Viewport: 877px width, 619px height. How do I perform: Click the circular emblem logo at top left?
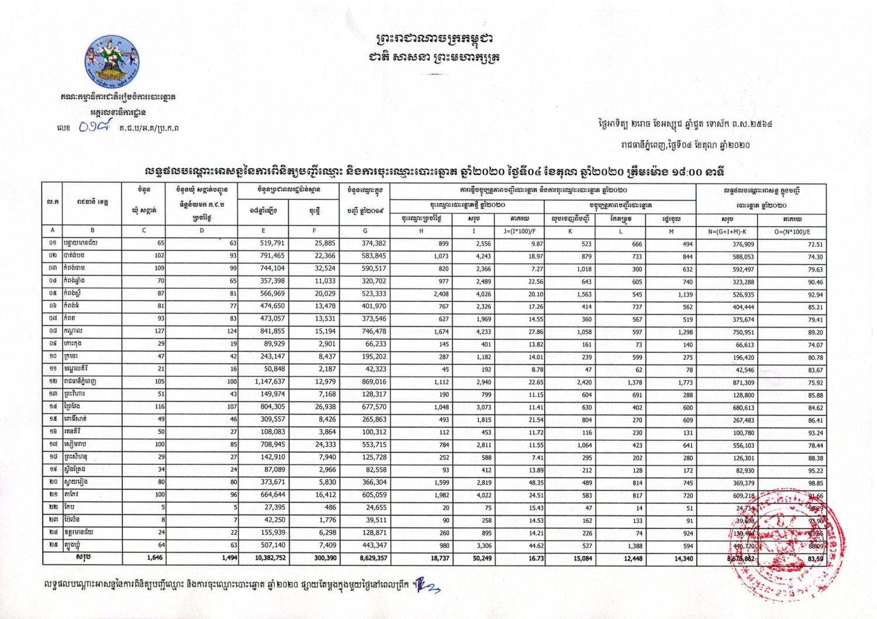tap(112, 62)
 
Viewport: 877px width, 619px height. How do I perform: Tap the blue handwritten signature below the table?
tap(427, 585)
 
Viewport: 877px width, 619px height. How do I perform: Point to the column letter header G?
tap(365, 231)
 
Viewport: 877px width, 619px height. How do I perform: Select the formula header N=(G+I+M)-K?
tap(727, 231)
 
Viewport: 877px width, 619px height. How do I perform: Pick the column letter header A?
tap(53, 231)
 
